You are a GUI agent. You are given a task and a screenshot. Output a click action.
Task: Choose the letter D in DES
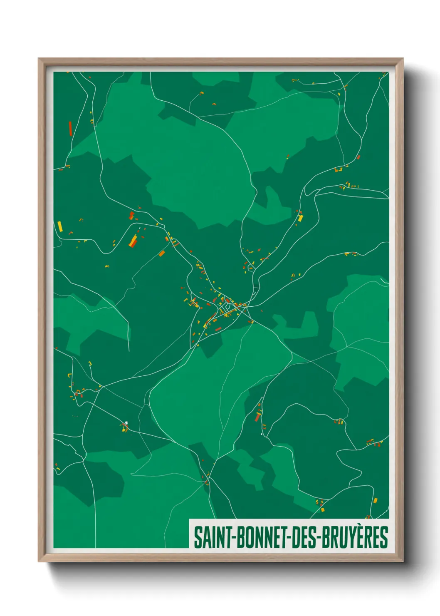point(296,537)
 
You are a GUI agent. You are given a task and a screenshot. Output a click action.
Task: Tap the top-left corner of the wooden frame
point(39,59)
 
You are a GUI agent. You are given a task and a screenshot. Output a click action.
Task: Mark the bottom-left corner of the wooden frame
point(39,561)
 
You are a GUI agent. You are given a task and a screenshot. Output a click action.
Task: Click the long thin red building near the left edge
point(70,129)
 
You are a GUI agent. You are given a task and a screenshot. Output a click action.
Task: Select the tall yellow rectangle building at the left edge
point(60,226)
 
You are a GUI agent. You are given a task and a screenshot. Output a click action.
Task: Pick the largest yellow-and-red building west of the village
point(133,241)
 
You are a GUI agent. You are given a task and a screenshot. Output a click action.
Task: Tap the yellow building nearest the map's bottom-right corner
point(375,500)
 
